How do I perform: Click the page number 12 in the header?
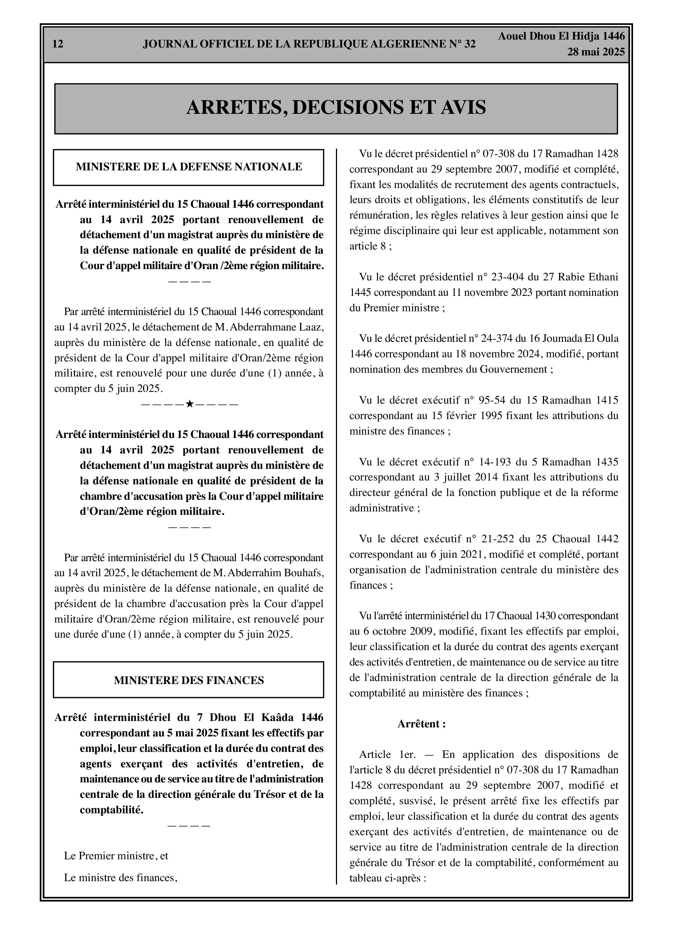(x=58, y=44)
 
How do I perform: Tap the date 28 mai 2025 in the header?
(x=596, y=52)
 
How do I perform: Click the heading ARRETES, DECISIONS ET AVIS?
(x=336, y=107)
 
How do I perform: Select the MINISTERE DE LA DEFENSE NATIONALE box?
(x=189, y=167)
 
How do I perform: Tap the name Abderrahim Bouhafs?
(x=273, y=573)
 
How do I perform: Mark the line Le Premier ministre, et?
(x=116, y=856)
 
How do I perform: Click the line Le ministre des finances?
(x=120, y=878)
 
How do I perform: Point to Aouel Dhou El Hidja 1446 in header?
(x=561, y=37)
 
